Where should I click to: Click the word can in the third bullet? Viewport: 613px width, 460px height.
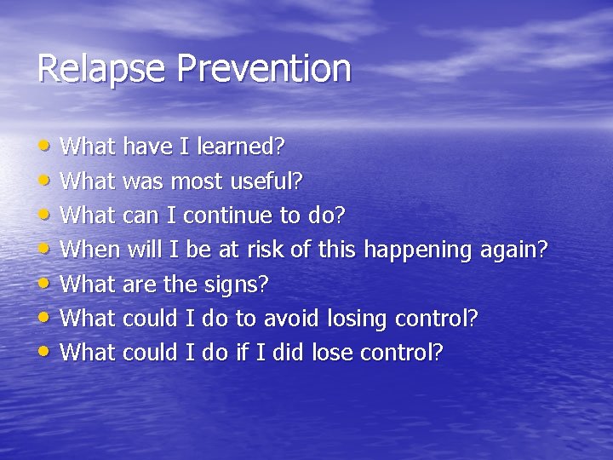point(140,216)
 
